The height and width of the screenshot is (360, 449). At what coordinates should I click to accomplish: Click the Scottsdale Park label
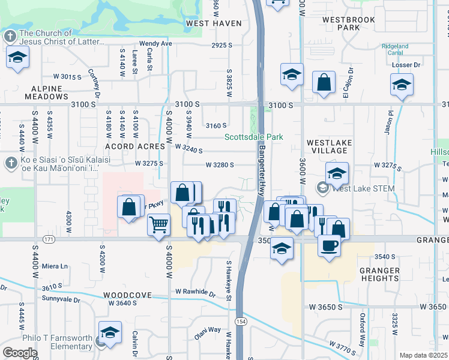[253, 137]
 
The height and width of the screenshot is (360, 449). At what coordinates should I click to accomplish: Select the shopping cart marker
[158, 225]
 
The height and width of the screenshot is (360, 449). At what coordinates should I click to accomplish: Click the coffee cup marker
[328, 245]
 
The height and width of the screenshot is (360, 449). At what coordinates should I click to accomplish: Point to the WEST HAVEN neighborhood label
[214, 23]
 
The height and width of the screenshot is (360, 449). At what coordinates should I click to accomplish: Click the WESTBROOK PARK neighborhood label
[348, 23]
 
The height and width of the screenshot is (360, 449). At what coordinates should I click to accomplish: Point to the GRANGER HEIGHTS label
[379, 274]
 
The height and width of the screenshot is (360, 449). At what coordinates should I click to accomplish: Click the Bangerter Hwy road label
[262, 170]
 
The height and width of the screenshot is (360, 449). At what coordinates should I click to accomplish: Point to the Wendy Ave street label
[155, 44]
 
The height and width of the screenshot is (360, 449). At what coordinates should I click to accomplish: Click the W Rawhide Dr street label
[195, 293]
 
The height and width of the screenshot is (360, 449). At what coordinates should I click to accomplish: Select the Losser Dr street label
[421, 65]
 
